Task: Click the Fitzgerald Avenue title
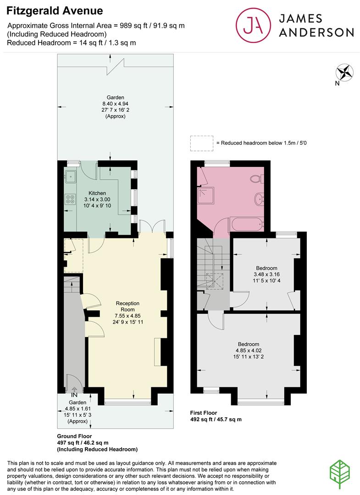[x=55, y=11]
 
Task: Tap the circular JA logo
[x=253, y=25]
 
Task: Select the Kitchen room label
[x=97, y=193]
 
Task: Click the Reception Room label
[x=127, y=307]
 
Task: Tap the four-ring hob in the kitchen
[x=70, y=199]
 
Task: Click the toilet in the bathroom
[x=256, y=179]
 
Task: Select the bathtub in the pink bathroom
[x=247, y=225]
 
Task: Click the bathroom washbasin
[x=259, y=198]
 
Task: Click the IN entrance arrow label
[x=74, y=395]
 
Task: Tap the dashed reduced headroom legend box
[x=201, y=143]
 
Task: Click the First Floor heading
[x=203, y=413]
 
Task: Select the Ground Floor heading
[x=75, y=436]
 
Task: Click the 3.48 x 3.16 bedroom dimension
[x=266, y=275]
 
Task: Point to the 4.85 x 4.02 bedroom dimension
[x=249, y=351]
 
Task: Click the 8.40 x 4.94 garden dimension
[x=115, y=104]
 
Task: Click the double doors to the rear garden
[x=153, y=225]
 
